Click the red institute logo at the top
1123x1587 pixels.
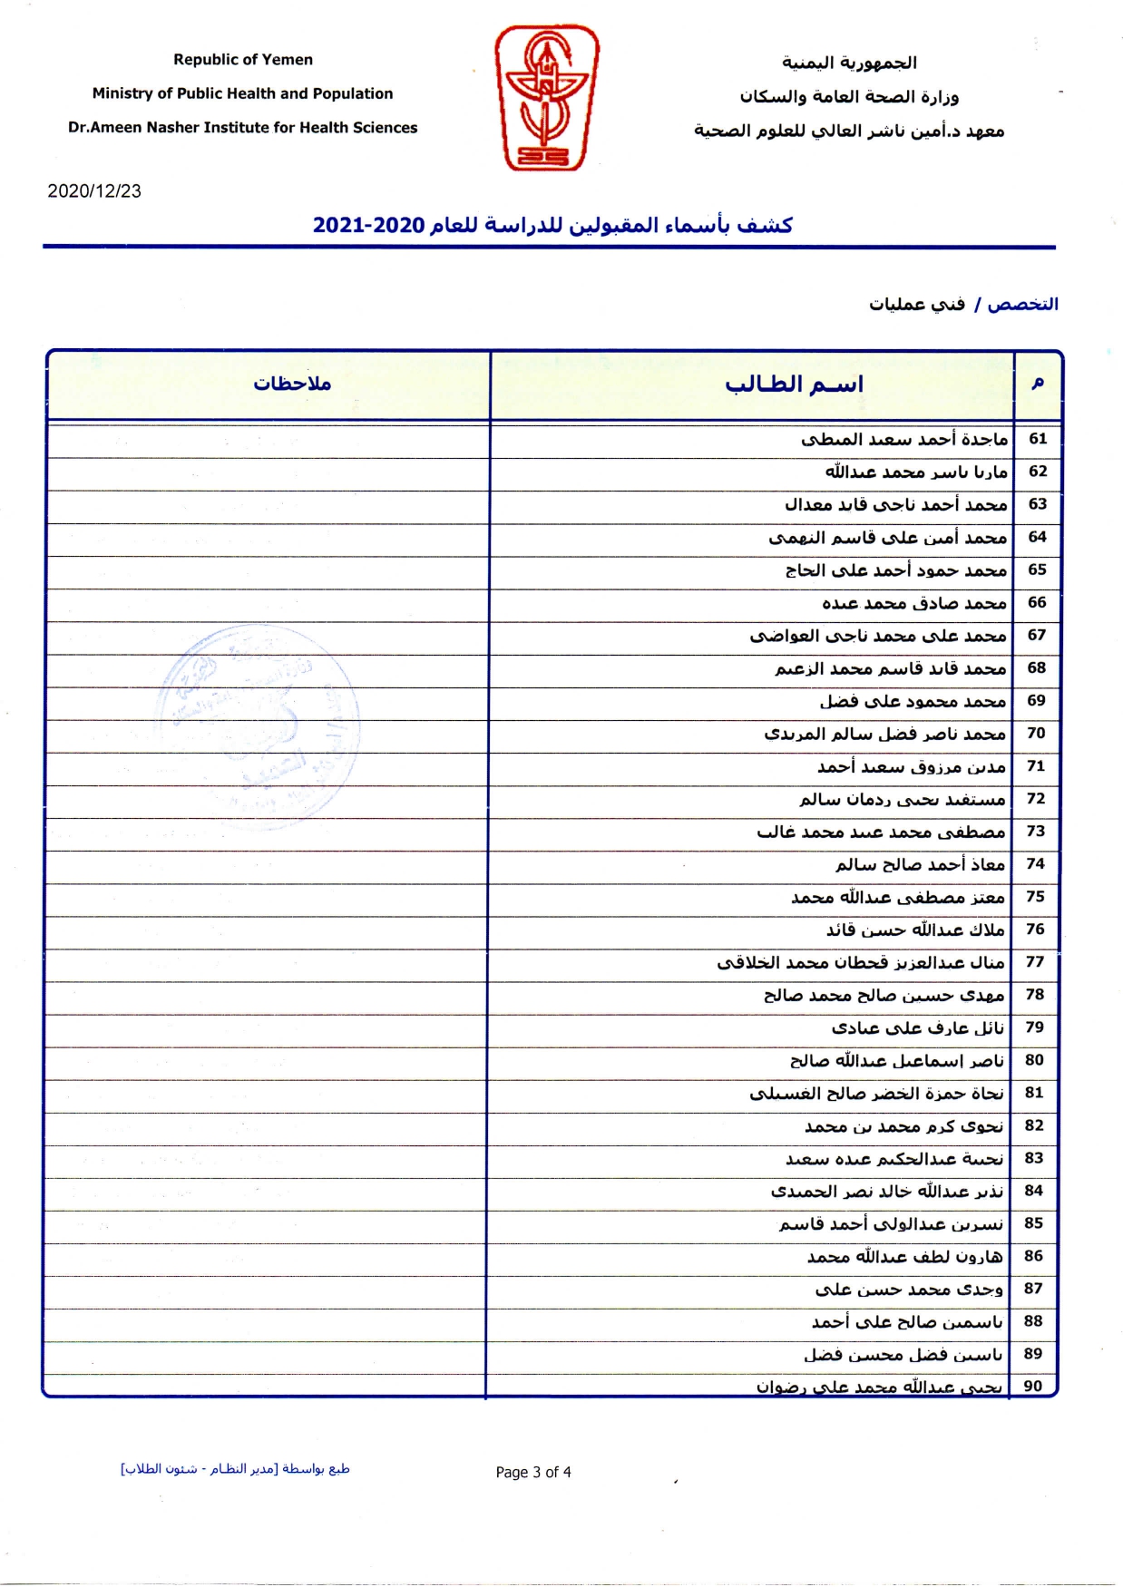coord(546,98)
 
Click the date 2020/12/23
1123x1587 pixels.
coord(94,191)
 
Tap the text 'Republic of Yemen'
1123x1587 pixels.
coord(243,60)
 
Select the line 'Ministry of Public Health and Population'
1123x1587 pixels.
coord(242,93)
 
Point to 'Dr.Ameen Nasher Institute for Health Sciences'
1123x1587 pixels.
coord(242,128)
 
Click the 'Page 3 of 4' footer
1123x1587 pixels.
coord(533,1472)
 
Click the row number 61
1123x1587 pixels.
coord(1038,439)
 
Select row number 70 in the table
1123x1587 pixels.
coord(1037,733)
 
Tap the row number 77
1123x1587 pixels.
coord(1035,961)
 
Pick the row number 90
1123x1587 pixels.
coord(1033,1386)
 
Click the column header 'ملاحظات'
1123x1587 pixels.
coord(292,384)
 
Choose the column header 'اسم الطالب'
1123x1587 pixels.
coord(794,385)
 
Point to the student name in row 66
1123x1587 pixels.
coord(914,603)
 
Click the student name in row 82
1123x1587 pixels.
coord(903,1126)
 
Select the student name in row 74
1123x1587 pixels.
coord(920,864)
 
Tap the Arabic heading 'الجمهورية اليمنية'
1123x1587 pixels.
coord(849,63)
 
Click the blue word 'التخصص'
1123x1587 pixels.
coord(1022,304)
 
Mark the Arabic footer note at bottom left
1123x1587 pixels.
coord(235,1469)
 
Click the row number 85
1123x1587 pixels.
coord(1033,1222)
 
